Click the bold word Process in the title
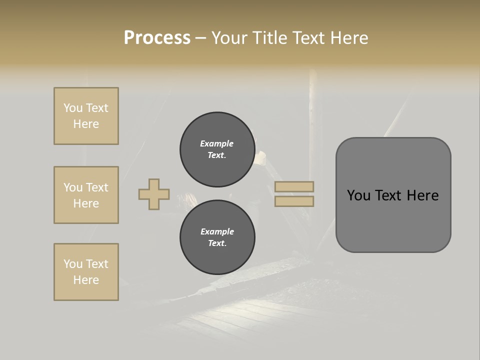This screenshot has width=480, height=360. click(x=157, y=38)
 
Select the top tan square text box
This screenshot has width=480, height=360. click(x=86, y=116)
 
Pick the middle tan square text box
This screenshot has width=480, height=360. click(x=86, y=195)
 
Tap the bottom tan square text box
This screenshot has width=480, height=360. click(x=86, y=272)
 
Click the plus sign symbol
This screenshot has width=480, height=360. click(x=154, y=194)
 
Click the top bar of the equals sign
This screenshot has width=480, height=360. click(x=294, y=186)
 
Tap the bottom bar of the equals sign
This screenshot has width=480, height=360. click(x=294, y=201)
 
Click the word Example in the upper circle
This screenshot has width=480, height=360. click(x=216, y=143)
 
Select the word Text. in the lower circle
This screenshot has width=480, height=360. click(x=217, y=243)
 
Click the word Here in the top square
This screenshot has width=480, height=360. click(x=86, y=124)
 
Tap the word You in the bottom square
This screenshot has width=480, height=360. click(x=73, y=264)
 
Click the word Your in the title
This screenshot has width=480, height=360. click(x=228, y=38)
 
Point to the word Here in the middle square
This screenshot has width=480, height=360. click(x=86, y=203)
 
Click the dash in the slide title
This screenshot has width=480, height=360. click(x=200, y=38)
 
